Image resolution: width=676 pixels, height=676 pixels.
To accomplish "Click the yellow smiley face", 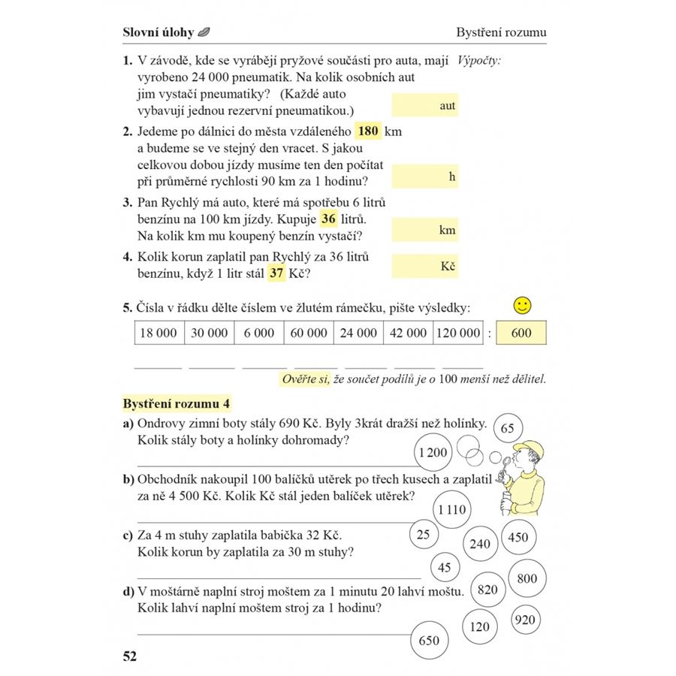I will (x=523, y=305).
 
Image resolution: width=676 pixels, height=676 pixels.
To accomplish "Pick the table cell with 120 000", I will (x=457, y=333).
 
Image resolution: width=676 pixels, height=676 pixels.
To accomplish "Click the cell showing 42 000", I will (x=409, y=333).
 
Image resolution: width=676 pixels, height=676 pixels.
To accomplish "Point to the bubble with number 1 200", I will (x=433, y=452).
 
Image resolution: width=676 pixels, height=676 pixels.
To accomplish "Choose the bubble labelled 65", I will (x=507, y=428).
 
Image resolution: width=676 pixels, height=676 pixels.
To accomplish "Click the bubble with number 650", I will (x=429, y=641).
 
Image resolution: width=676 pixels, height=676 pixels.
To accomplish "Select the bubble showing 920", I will (x=526, y=620).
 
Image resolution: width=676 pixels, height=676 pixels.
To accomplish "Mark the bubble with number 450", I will (x=518, y=537).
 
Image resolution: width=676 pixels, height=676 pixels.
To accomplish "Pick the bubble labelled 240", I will (x=479, y=544).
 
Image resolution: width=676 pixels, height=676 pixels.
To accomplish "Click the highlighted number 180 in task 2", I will (x=368, y=131).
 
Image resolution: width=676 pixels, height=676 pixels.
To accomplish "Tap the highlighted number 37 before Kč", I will (x=276, y=273).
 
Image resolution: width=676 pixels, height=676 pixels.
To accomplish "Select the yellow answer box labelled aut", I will (x=425, y=106).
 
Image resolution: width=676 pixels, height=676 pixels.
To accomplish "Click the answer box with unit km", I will (x=425, y=231).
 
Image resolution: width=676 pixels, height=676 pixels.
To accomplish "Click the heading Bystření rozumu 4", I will (x=177, y=403).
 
